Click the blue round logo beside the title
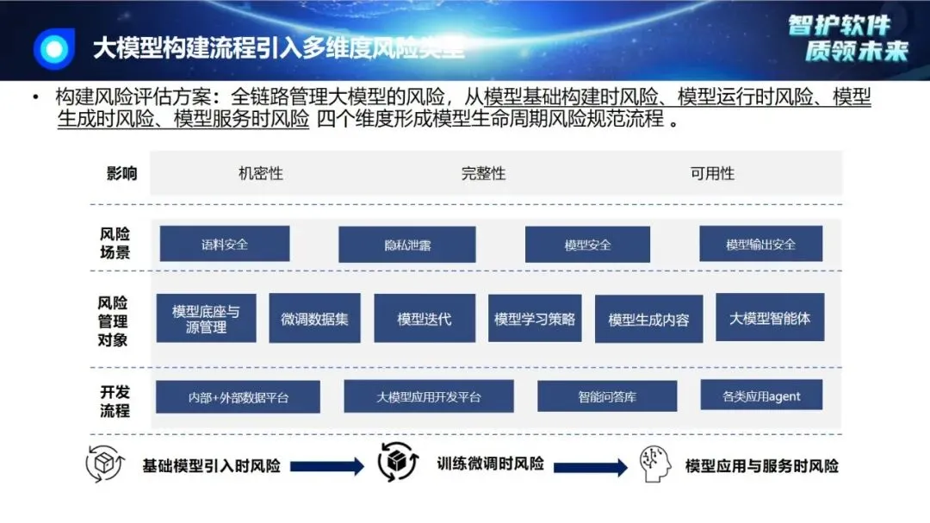53,47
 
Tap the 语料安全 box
224,244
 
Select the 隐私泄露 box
407,245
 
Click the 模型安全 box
587,245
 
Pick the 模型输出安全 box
760,244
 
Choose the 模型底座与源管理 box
206,319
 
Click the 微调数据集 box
314,319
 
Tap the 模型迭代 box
424,319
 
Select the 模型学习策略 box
534,319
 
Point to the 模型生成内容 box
648,320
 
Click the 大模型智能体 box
769,318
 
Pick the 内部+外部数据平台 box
238,397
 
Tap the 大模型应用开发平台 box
428,397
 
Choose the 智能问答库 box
607,397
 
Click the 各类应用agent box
761,395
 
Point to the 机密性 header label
260,173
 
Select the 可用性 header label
712,173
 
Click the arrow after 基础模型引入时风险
327,467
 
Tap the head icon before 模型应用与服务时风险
655,465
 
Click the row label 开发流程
114,402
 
